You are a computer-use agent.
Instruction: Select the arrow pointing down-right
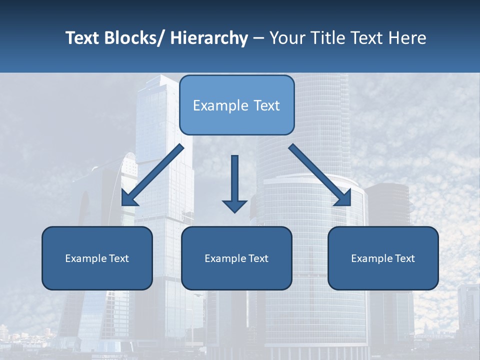click(x=320, y=175)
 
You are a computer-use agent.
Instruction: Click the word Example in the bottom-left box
click(x=85, y=258)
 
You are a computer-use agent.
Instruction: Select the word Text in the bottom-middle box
click(x=257, y=258)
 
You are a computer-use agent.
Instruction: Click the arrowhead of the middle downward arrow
click(x=234, y=205)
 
